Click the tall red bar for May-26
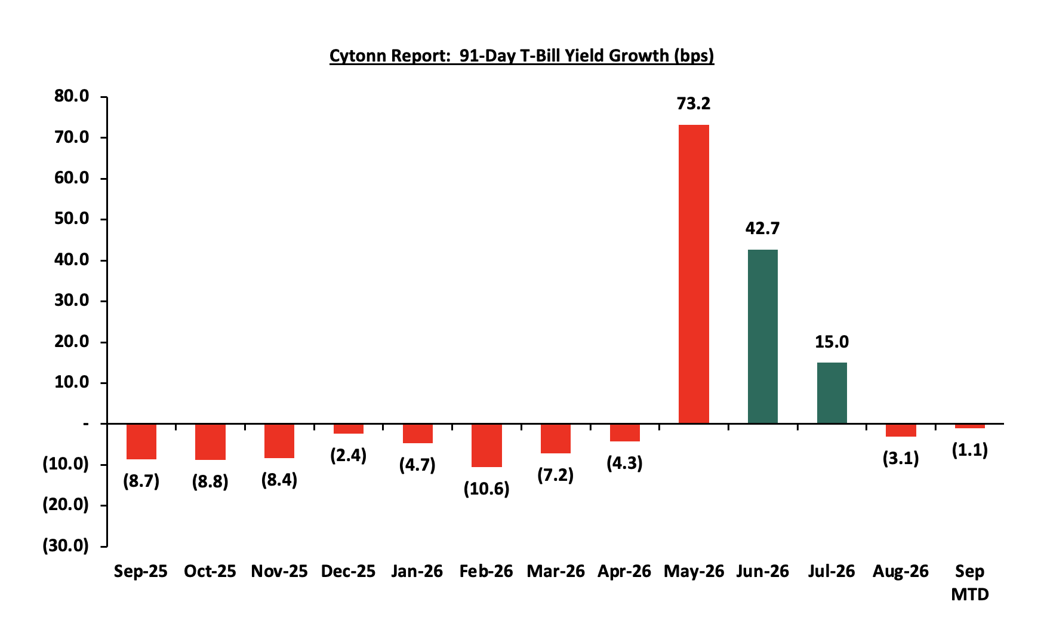pos(694,274)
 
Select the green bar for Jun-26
pos(763,336)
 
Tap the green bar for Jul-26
pos(832,393)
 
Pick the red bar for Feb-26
pos(486,446)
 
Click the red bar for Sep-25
pos(141,442)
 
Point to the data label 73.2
pos(694,104)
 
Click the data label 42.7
pos(762,228)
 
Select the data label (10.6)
pos(486,489)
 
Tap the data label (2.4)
pos(349,456)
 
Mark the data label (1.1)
pos(969,450)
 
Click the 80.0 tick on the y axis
pos(72,96)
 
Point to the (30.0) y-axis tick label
pos(66,545)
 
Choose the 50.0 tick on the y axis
pos(72,219)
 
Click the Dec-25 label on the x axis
pos(349,572)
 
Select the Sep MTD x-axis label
pos(969,582)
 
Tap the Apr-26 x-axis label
pos(624,572)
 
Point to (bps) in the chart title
pos(694,56)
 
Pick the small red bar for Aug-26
pos(901,430)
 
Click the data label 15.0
pos(832,342)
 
